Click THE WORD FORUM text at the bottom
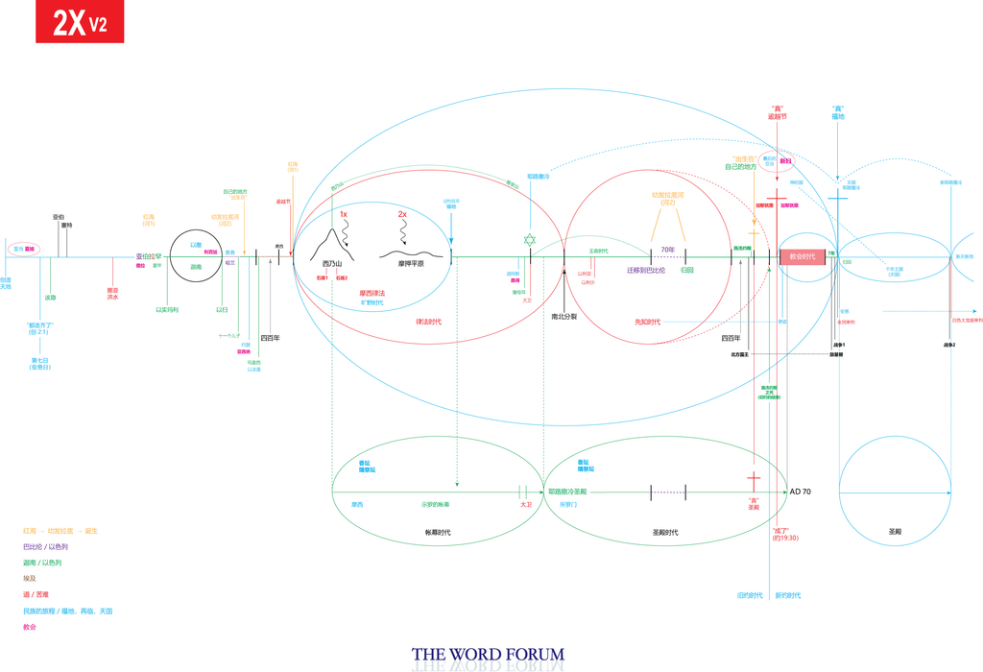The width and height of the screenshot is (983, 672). (488, 655)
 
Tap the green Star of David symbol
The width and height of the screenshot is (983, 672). (530, 239)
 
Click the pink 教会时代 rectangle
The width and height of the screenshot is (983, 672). (802, 256)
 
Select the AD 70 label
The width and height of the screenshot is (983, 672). (801, 492)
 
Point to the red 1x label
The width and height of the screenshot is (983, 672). (343, 215)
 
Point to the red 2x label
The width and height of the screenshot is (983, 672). (402, 215)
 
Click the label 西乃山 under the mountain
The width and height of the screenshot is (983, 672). (331, 263)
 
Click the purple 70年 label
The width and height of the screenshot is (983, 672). (667, 251)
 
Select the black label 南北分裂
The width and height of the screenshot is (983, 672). (563, 316)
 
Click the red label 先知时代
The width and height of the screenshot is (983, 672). (647, 322)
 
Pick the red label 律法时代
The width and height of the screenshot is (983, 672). (428, 321)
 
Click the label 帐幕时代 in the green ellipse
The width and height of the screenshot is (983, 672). (437, 532)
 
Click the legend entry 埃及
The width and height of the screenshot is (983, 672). (31, 579)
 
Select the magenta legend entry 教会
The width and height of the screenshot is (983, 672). (30, 627)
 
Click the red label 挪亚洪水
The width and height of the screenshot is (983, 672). (112, 294)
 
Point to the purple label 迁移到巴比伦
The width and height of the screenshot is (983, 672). (646, 271)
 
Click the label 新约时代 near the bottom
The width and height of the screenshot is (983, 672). (788, 595)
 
